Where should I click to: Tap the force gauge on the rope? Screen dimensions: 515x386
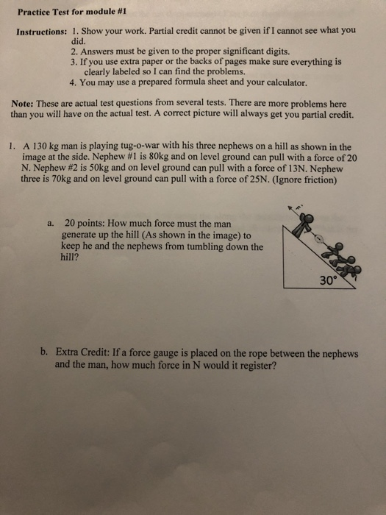point(318,238)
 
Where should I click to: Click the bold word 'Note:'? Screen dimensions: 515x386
point(27,105)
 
